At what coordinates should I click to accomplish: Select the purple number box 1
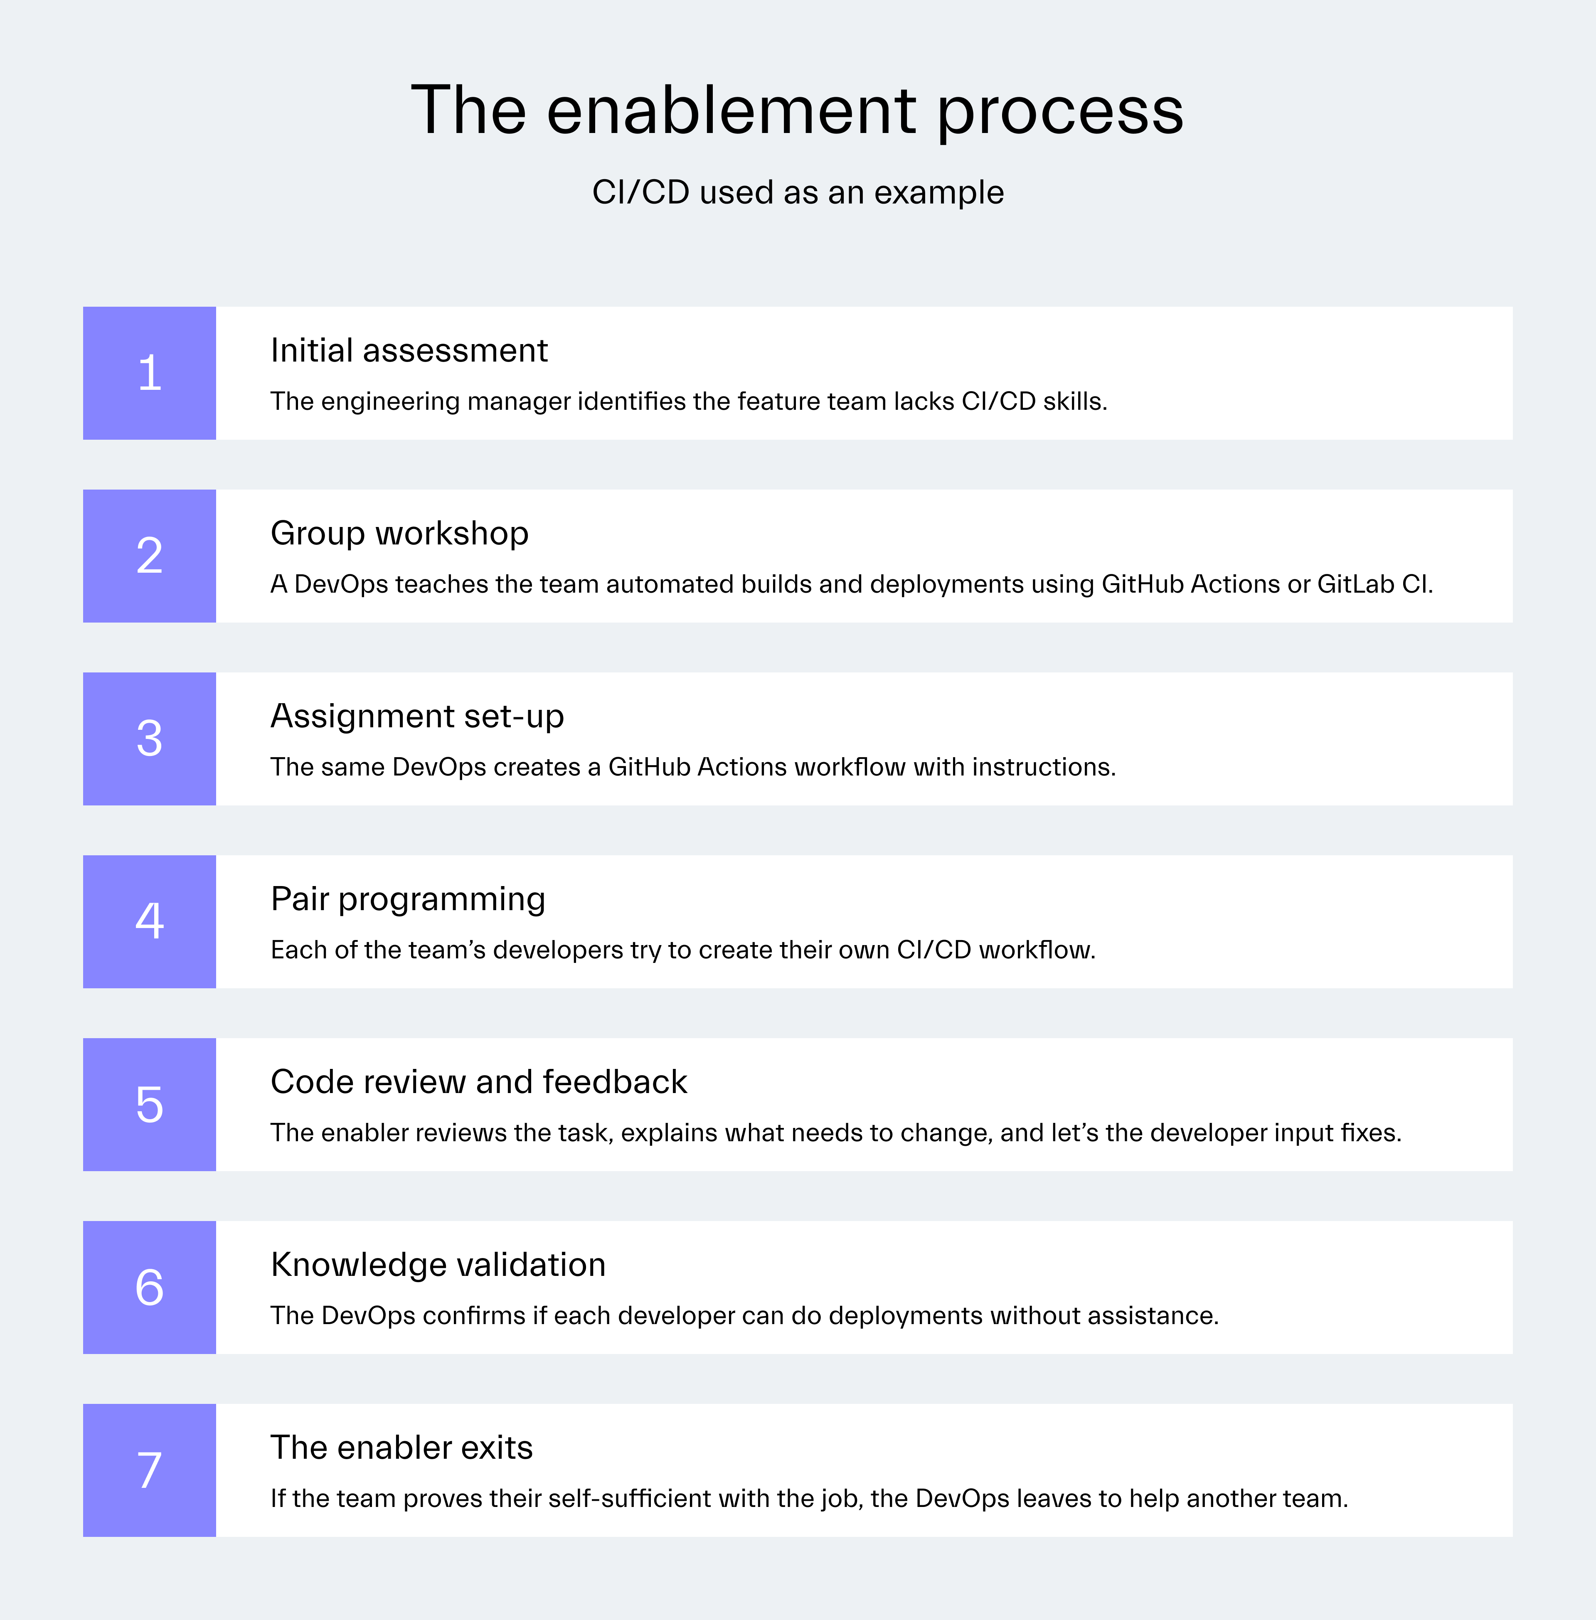click(x=149, y=373)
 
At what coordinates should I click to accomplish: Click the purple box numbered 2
click(x=149, y=556)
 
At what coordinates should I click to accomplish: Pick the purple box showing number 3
click(x=149, y=739)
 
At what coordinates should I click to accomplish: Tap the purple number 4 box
click(x=149, y=921)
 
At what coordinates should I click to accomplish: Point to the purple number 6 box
click(x=149, y=1287)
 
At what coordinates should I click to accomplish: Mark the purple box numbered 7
click(x=149, y=1470)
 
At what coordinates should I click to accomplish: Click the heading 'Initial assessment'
click(x=409, y=350)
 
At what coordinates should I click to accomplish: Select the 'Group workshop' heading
click(x=399, y=533)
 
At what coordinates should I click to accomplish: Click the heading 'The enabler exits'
click(x=401, y=1448)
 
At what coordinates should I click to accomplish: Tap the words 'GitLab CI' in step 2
click(x=1373, y=584)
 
